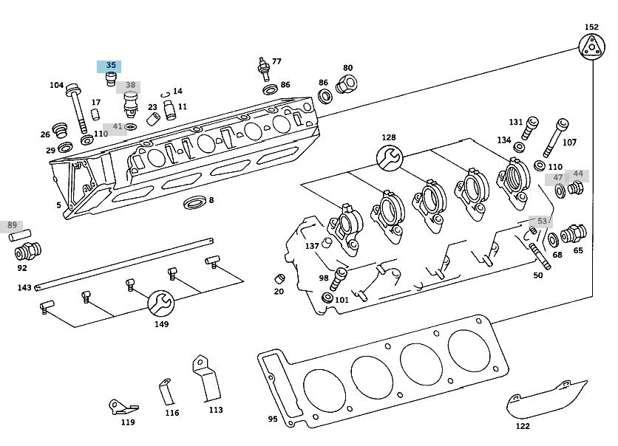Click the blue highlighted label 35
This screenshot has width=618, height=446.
[x=111, y=66]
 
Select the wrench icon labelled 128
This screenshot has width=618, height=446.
[x=390, y=156]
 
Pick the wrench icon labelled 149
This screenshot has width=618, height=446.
[x=161, y=303]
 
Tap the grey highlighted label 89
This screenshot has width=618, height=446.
[x=12, y=225]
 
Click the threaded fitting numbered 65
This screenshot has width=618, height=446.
[x=572, y=236]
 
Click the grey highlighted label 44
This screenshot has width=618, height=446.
[x=578, y=174]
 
